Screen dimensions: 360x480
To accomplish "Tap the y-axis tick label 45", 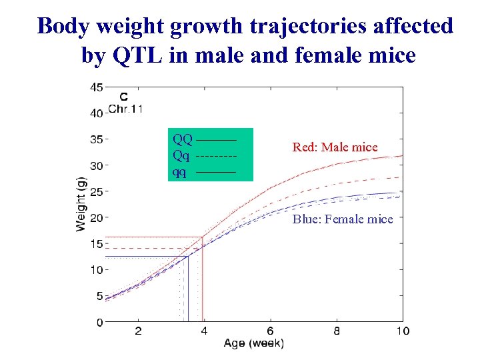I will pos(96,87).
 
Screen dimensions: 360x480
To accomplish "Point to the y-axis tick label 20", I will pos(96,217).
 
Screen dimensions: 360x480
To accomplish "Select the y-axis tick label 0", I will pos(99,322).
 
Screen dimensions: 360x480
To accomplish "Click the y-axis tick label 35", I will pos(96,139).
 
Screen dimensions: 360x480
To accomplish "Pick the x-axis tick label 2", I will pos(138,331).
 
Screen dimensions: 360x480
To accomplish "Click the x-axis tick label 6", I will pos(271,331).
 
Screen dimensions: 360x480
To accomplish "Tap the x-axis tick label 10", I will pos(402,331).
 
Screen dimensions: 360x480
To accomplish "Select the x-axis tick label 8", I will pos(337,331).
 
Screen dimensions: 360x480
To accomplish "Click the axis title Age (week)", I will pos(253,344).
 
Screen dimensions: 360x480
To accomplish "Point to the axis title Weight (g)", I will pos(81,203).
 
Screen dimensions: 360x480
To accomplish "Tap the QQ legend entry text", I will pos(182,140).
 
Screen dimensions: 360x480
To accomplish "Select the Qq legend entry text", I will pos(181,156).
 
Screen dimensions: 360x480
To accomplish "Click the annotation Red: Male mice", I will pos(335,147).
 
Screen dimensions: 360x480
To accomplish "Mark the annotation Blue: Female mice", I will pos(343,219).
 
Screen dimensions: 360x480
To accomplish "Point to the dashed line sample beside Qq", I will pos(217,157).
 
